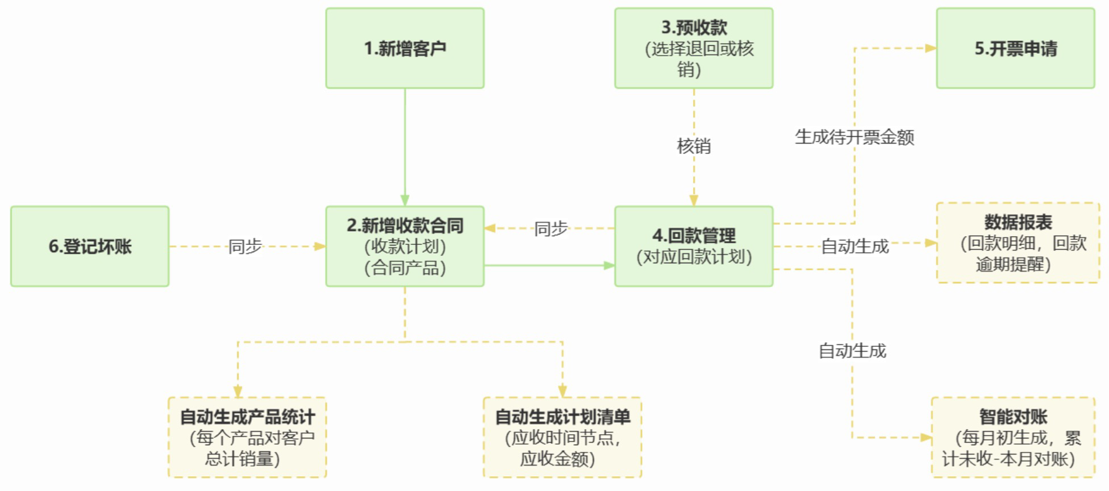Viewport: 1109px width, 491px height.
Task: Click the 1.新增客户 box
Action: (405, 48)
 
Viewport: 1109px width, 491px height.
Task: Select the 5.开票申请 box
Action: (1015, 48)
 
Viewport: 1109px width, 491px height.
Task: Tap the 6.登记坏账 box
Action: (90, 246)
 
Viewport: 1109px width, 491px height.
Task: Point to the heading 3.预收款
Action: (694, 28)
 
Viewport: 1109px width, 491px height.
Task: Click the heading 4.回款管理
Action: (694, 236)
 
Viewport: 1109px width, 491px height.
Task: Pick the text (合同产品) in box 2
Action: (405, 268)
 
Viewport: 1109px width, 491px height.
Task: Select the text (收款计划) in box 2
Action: (405, 246)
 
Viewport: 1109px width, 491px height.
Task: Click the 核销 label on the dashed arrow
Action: (694, 146)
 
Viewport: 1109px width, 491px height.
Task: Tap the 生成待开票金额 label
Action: (854, 137)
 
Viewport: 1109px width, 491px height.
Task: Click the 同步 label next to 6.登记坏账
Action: (245, 246)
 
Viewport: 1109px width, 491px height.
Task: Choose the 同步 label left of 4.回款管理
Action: (551, 229)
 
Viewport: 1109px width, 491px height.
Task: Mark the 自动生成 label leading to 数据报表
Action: (855, 246)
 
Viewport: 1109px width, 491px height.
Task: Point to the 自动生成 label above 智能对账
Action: (852, 351)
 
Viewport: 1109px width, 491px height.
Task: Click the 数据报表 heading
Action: (1018, 222)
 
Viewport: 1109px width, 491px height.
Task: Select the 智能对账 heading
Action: (1013, 416)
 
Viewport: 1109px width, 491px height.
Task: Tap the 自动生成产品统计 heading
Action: (248, 417)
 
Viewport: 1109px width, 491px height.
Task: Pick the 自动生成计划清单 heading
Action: (563, 417)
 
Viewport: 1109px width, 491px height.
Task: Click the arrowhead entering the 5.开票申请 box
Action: (930, 48)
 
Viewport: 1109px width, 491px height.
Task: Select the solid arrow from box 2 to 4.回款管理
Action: (548, 265)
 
